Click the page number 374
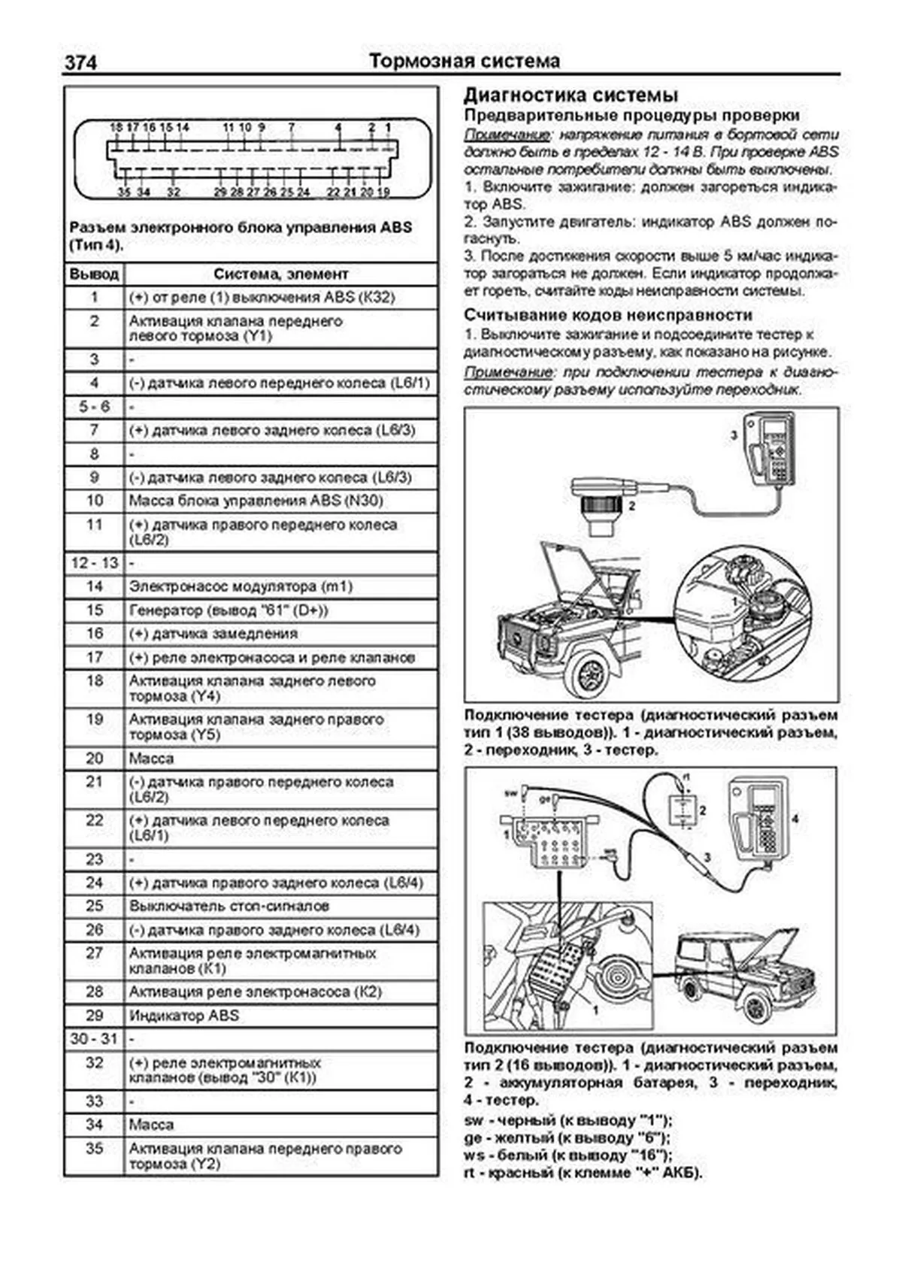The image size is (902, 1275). tap(80, 62)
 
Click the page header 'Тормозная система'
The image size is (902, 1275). tap(465, 61)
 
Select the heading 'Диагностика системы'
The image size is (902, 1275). tap(571, 95)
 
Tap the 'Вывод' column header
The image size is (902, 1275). tap(94, 274)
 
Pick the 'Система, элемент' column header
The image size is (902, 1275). tap(280, 274)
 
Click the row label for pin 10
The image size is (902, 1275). tap(94, 501)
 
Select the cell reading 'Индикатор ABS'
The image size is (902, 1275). tap(184, 1016)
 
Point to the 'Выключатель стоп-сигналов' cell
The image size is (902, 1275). tap(229, 906)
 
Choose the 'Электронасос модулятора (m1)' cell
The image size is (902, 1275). tap(241, 586)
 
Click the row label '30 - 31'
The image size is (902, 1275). tap(94, 1039)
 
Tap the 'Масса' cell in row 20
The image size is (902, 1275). tap(151, 759)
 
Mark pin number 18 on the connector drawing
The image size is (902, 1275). tap(116, 128)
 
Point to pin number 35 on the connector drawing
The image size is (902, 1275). tap(124, 192)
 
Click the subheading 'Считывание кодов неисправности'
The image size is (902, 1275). tap(607, 315)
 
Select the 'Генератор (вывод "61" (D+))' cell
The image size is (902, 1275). tap(229, 610)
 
